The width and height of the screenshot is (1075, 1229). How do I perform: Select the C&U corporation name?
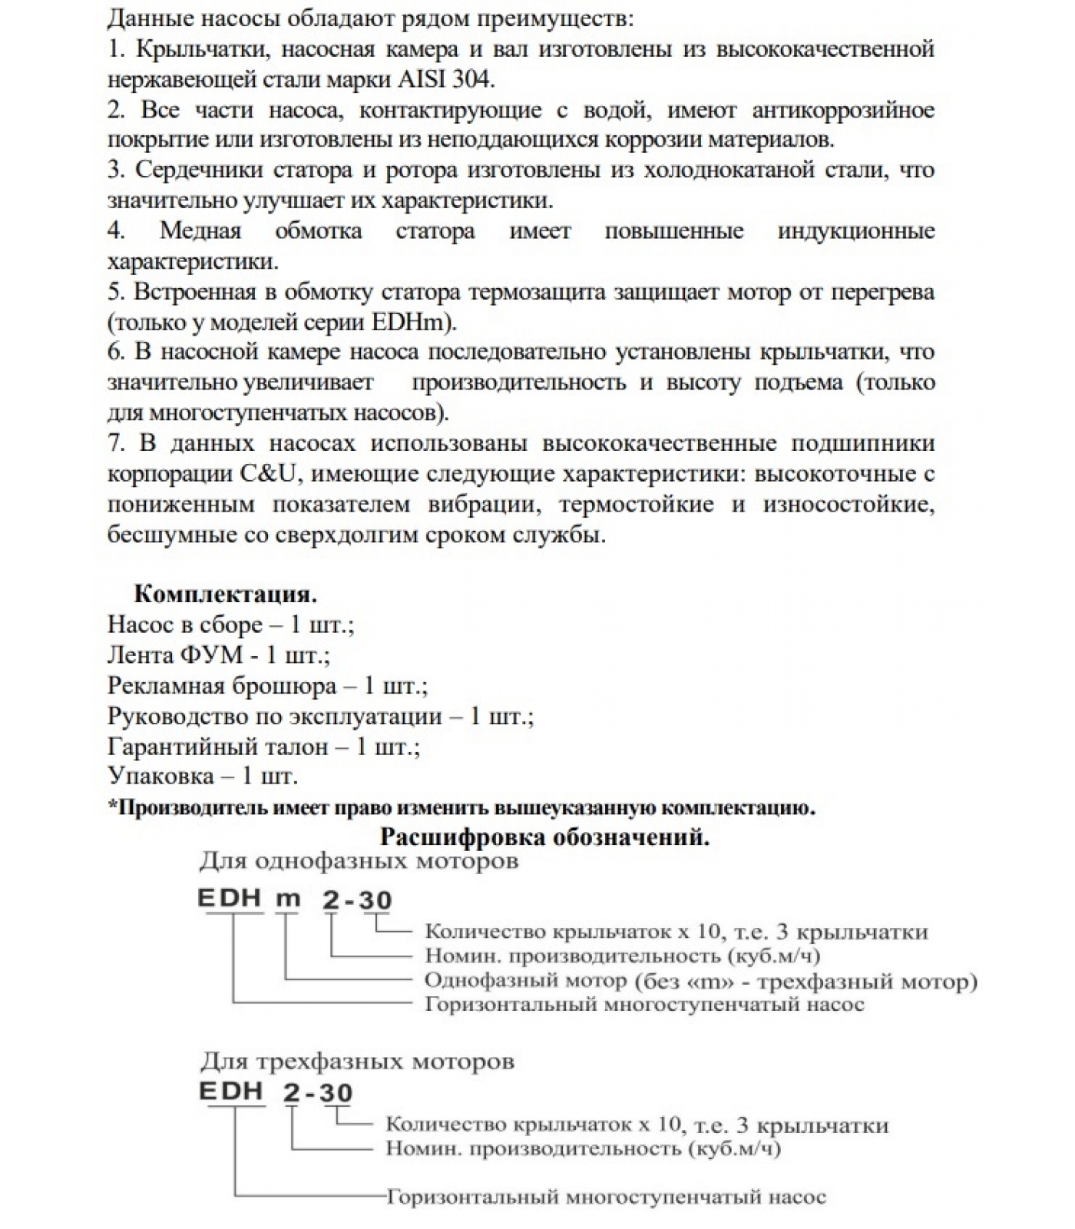click(x=263, y=474)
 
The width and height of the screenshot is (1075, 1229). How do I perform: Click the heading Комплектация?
click(x=225, y=594)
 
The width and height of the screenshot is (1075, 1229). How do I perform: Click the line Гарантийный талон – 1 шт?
click(x=263, y=747)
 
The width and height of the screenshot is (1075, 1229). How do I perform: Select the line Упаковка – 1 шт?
click(x=203, y=776)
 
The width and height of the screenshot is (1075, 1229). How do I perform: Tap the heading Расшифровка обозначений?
click(x=544, y=836)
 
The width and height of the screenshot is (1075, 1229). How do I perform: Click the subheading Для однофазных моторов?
click(x=359, y=861)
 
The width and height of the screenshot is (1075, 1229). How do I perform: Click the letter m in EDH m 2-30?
click(x=288, y=899)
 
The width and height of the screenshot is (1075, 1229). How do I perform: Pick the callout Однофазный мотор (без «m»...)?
click(x=700, y=981)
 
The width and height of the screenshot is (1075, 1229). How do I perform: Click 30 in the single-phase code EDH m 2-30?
click(x=375, y=899)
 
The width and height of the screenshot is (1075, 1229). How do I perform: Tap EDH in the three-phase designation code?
click(x=231, y=1092)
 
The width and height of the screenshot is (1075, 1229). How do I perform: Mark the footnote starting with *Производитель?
click(x=461, y=807)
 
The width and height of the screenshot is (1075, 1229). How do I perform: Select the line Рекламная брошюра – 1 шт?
click(x=267, y=685)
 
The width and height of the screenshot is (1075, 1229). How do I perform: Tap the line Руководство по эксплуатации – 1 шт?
click(x=320, y=716)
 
